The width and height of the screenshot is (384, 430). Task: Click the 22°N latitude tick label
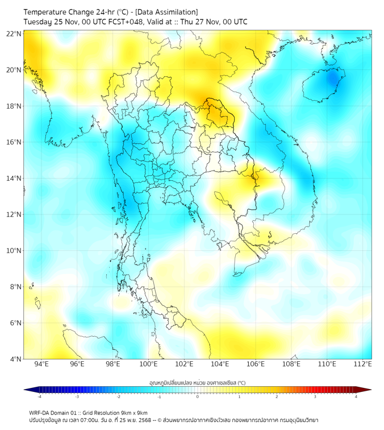click(14, 34)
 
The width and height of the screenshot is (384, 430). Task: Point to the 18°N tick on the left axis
click(14, 106)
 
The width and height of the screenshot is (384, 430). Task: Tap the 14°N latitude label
click(14, 179)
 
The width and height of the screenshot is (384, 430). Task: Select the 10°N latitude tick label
click(14, 251)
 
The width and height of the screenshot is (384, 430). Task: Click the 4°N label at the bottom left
click(16, 359)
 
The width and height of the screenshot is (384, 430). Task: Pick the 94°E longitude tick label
click(41, 364)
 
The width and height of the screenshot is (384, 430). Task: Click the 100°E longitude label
click(149, 364)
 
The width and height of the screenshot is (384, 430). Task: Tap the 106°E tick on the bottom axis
click(256, 364)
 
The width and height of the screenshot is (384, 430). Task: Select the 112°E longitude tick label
click(363, 364)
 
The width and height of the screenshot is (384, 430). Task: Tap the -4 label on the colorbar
click(39, 397)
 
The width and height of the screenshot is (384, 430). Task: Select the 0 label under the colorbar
click(198, 397)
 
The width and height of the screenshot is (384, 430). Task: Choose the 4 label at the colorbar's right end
click(356, 397)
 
